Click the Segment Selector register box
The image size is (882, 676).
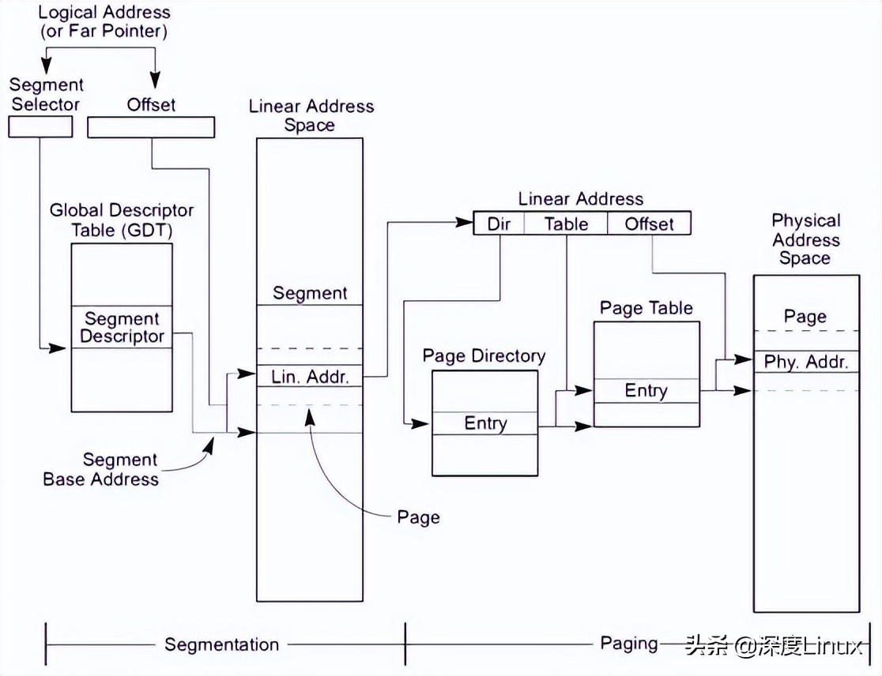(x=40, y=126)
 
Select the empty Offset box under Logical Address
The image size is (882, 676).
(x=150, y=127)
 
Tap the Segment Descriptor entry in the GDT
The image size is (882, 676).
(x=122, y=328)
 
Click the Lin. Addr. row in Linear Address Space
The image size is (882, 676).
(x=310, y=377)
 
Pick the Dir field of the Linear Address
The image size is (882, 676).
(x=499, y=223)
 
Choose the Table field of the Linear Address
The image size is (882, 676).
(x=566, y=223)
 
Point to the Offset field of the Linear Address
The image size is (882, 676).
(x=649, y=223)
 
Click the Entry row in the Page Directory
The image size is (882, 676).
(x=485, y=423)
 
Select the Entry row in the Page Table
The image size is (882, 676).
(x=646, y=391)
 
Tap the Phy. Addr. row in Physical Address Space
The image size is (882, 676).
(x=805, y=362)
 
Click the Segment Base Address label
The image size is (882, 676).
(x=101, y=469)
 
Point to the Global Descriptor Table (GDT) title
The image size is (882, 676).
(x=122, y=220)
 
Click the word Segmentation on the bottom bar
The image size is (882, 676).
(x=222, y=644)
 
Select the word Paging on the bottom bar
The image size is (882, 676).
(x=629, y=644)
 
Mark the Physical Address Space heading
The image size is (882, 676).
(x=805, y=239)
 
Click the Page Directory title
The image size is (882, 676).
(x=484, y=355)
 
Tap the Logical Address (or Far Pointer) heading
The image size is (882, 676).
(x=104, y=21)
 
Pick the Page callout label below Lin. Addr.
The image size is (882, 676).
(x=418, y=517)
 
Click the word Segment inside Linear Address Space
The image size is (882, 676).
(x=310, y=293)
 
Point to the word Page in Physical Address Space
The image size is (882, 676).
(x=805, y=317)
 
